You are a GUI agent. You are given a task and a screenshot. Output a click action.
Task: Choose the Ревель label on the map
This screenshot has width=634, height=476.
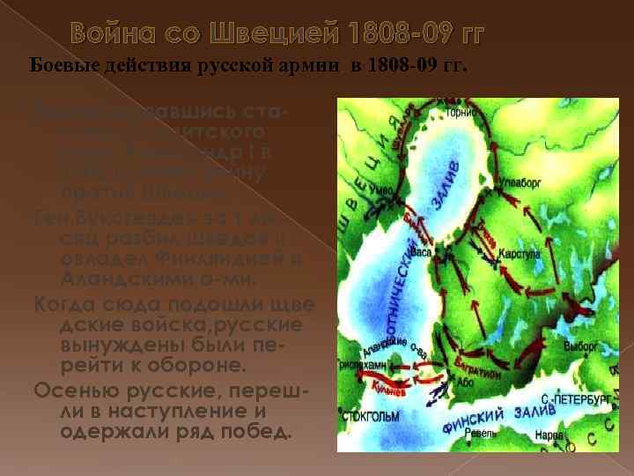tap(481, 433)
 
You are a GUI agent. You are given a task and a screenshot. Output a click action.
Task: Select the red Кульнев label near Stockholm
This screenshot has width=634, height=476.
tap(384, 385)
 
